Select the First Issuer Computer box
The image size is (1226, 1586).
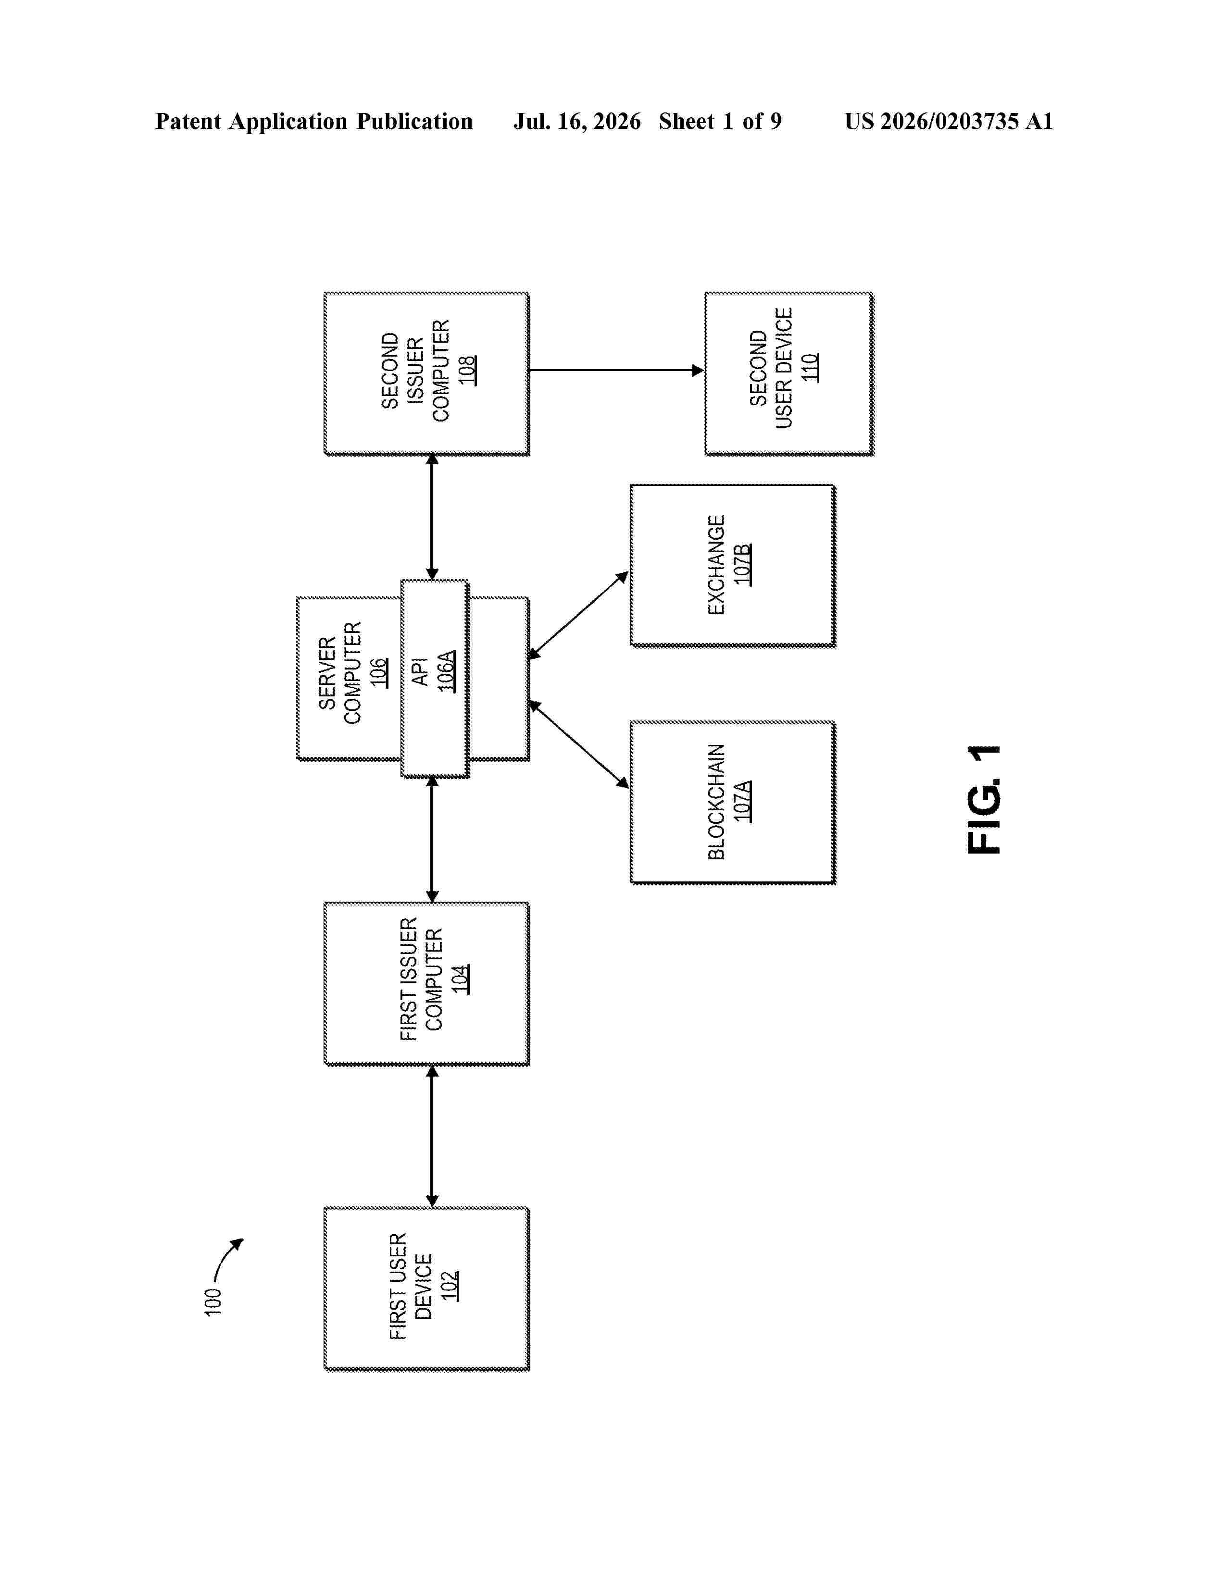click(x=426, y=983)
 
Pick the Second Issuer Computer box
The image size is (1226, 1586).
click(x=426, y=373)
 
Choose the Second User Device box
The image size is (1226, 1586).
click(x=789, y=373)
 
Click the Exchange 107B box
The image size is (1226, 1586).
click(x=733, y=565)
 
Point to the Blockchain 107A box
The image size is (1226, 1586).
click(x=733, y=803)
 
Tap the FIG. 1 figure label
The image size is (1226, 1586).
click(x=984, y=799)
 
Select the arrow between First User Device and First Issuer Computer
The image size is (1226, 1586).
click(x=432, y=1137)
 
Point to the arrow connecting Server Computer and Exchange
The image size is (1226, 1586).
click(x=578, y=615)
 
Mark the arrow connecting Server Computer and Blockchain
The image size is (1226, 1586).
click(x=578, y=744)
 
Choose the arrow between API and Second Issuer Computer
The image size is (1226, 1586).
click(x=432, y=517)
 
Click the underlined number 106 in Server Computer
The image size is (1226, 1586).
click(x=378, y=672)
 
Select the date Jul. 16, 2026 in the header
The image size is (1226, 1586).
click(x=577, y=121)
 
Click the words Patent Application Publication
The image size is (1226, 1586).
click(x=314, y=121)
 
